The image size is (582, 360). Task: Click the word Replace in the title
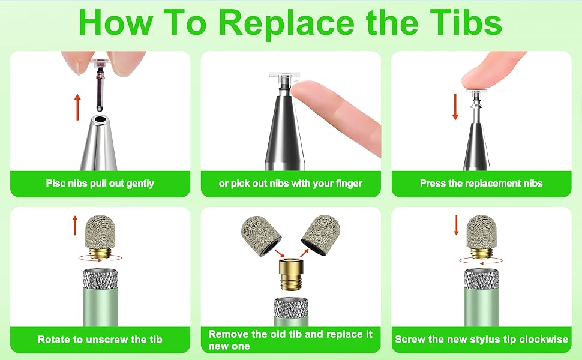point(286,23)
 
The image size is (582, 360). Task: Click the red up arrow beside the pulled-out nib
point(77,107)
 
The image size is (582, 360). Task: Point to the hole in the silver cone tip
point(100,120)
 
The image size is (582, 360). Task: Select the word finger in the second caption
point(349,184)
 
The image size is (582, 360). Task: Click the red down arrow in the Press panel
point(455,107)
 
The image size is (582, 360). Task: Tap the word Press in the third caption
point(431,184)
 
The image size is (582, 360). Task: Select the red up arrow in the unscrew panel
point(75,225)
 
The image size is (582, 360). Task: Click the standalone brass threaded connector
point(292,275)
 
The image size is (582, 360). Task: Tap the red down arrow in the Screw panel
point(457,225)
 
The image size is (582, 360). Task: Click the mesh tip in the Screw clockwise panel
point(481,232)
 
